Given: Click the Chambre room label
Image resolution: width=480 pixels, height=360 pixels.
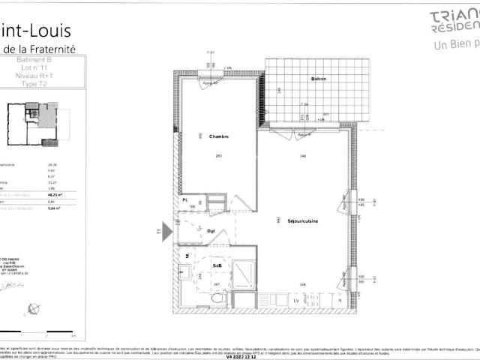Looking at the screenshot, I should [x=218, y=136].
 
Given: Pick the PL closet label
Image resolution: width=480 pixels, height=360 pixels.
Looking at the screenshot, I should [x=185, y=200].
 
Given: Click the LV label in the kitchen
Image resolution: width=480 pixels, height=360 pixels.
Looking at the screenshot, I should [x=296, y=301].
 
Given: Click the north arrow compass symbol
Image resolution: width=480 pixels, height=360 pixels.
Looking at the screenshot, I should [x=32, y=307].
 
